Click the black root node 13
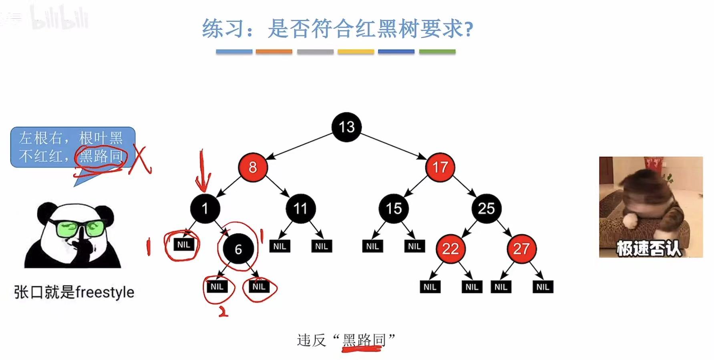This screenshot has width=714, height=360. (346, 127)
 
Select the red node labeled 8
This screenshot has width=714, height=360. (253, 167)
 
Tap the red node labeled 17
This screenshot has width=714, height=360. (440, 167)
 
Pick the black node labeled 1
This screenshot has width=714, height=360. (205, 208)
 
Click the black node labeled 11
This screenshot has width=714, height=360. (300, 208)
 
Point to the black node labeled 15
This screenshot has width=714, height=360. (394, 208)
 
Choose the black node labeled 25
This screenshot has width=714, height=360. (486, 208)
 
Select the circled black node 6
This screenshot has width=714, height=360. (238, 249)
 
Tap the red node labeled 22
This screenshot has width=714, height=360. (450, 249)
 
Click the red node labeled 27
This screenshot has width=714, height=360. (521, 249)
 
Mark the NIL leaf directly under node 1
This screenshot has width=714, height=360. (183, 245)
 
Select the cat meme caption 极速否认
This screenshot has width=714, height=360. (648, 248)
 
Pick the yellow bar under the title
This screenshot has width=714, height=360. (356, 52)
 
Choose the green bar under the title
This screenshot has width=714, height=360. (437, 52)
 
